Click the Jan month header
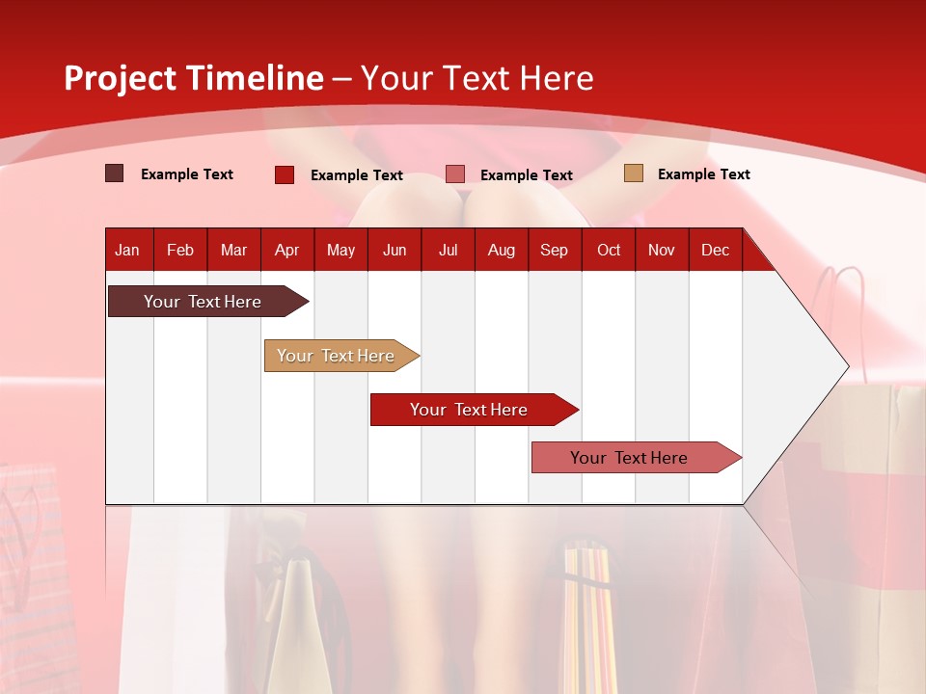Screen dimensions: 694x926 [127, 250]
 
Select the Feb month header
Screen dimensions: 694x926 [180, 250]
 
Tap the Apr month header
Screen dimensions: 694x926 [286, 250]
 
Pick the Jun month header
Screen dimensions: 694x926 [395, 250]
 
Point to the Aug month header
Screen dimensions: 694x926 [501, 250]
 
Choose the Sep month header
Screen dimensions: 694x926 [554, 250]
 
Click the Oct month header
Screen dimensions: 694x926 [609, 250]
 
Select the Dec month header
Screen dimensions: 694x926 [715, 250]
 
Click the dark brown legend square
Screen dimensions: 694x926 [115, 173]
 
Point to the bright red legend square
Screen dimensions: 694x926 [285, 174]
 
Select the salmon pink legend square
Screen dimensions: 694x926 [455, 173]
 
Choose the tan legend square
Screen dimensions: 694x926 [633, 173]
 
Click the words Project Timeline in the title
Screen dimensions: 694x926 [194, 78]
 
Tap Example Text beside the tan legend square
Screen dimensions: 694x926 [703, 174]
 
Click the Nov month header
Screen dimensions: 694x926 [662, 250]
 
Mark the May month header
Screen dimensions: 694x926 [340, 250]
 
